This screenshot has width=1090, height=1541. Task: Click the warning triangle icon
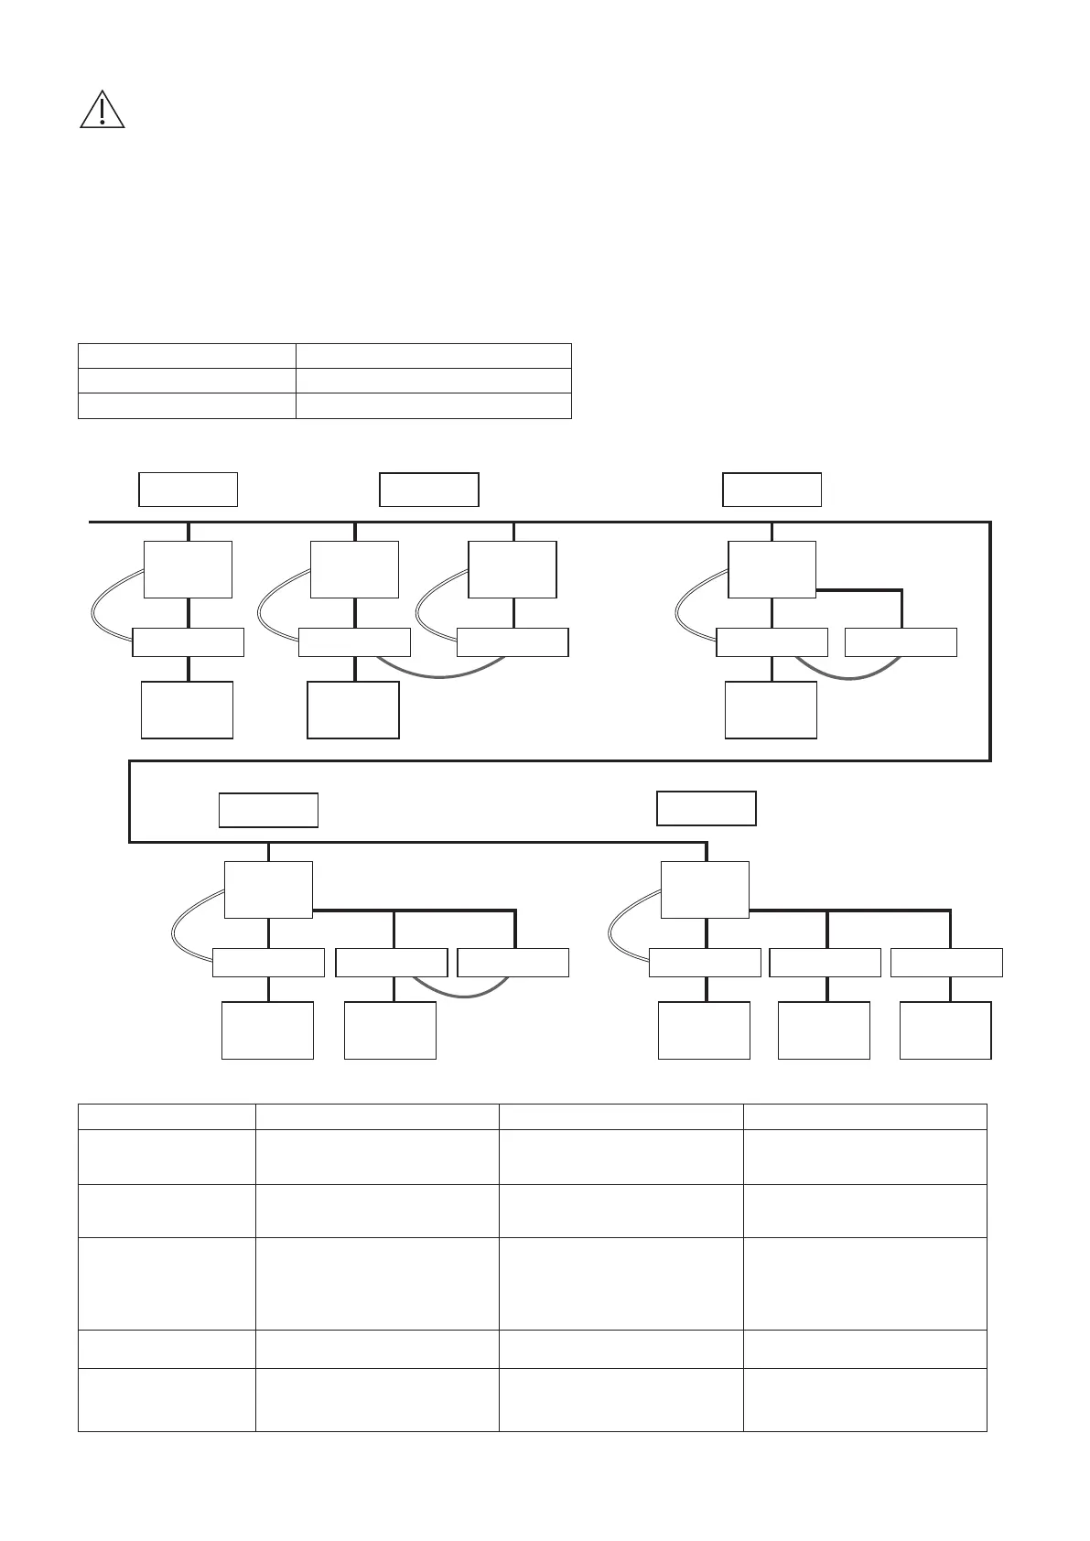point(103,110)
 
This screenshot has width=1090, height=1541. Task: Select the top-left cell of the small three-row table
point(187,356)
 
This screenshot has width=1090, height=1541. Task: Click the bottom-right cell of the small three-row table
point(433,405)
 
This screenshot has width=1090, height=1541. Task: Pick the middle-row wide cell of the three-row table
point(433,381)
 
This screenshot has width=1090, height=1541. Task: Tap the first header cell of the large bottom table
point(166,1116)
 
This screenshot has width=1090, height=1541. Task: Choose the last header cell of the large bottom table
point(865,1116)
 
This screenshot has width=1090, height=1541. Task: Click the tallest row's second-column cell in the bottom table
point(376,1283)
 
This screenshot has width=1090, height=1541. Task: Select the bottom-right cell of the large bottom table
point(865,1399)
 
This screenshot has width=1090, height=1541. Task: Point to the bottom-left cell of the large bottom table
point(166,1399)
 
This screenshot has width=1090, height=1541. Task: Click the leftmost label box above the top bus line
point(188,490)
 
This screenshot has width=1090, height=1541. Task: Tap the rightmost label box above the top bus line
point(772,490)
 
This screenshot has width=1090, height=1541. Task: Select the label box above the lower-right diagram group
point(707,808)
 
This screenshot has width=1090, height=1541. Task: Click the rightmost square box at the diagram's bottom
point(945,1030)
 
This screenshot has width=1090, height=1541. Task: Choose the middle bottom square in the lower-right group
point(824,1030)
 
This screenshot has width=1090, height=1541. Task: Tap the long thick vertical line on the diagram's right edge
point(990,641)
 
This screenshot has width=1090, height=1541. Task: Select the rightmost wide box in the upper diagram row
point(901,642)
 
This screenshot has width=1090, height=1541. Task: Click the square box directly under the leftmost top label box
point(188,569)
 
